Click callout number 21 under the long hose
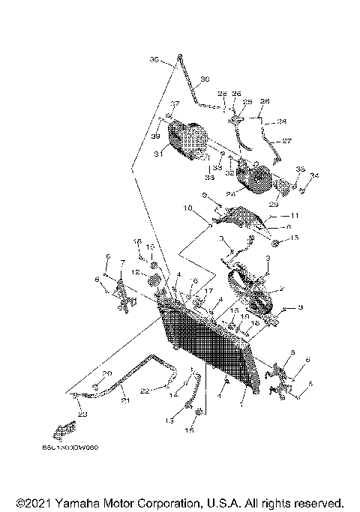click(x=126, y=401)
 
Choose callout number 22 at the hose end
click(x=144, y=389)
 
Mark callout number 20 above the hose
click(x=106, y=373)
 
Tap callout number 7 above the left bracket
click(x=122, y=263)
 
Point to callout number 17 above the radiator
click(x=209, y=290)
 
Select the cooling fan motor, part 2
click(x=255, y=296)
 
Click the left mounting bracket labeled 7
click(x=120, y=294)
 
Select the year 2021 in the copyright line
click(x=34, y=502)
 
